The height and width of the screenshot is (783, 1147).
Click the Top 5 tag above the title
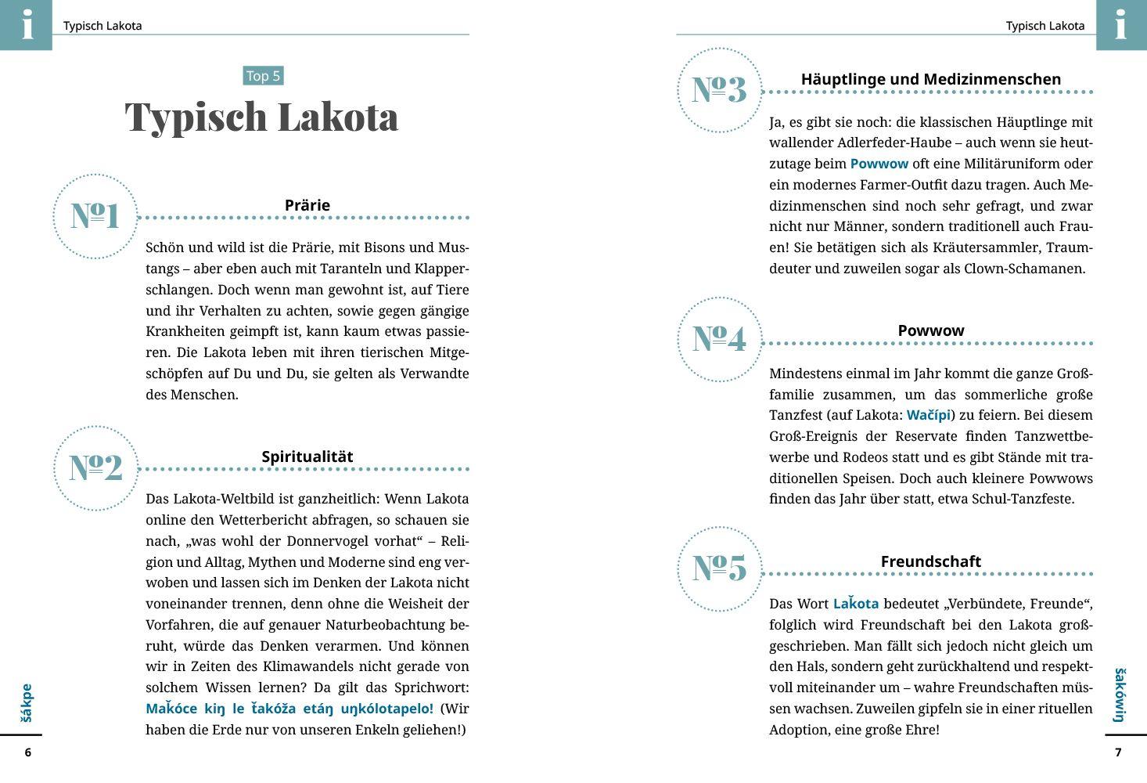263,76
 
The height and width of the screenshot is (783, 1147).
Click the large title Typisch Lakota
261,117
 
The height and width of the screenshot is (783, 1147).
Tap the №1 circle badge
95,216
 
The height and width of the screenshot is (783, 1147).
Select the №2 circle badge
95,468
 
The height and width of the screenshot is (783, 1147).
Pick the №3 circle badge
719,90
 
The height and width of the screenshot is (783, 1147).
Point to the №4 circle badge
719,339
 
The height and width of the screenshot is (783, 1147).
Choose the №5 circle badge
719,568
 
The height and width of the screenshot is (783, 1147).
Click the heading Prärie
307,205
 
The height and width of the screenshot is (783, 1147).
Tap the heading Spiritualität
307,456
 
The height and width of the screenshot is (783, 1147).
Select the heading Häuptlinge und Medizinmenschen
930,79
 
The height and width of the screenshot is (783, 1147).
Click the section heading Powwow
930,330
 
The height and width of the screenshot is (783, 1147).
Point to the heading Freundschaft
930,561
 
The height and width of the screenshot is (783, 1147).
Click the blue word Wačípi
928,415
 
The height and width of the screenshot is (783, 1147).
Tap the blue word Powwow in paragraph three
879,164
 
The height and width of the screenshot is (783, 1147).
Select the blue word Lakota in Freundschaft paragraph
855,604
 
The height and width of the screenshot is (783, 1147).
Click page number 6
28,752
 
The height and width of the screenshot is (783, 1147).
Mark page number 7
1118,752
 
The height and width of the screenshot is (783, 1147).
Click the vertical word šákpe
27,702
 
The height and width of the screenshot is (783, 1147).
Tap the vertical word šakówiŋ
1120,695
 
